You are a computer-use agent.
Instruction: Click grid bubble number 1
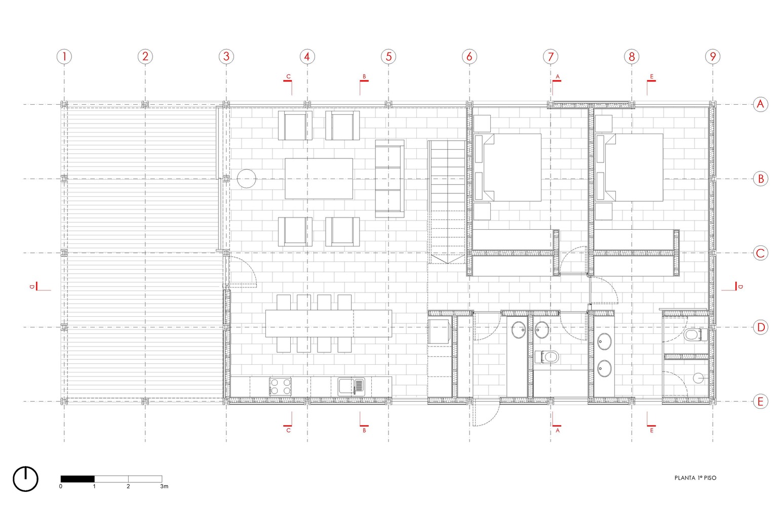coord(64,57)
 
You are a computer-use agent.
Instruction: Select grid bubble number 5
coord(388,57)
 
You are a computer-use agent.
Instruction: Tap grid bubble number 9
coord(713,57)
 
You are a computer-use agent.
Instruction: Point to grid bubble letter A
coord(760,104)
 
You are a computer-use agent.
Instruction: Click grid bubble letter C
coord(760,253)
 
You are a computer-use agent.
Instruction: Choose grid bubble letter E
coord(760,402)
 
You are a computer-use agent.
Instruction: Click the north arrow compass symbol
coord(26,479)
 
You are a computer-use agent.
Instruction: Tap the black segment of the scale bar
coord(77,479)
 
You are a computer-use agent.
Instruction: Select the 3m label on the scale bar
coord(165,487)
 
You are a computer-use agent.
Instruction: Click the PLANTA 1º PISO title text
coord(695,478)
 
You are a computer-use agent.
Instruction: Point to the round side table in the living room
coord(247,179)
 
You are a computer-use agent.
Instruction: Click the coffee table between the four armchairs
coord(319,179)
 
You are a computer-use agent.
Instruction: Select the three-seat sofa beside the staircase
coord(390,179)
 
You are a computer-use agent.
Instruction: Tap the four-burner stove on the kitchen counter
coord(280,387)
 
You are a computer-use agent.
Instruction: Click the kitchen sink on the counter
coord(351,387)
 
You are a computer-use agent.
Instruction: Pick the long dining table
coord(329,323)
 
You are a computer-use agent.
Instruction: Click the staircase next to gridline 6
coord(447,202)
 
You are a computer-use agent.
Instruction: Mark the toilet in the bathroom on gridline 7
coord(547,357)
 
